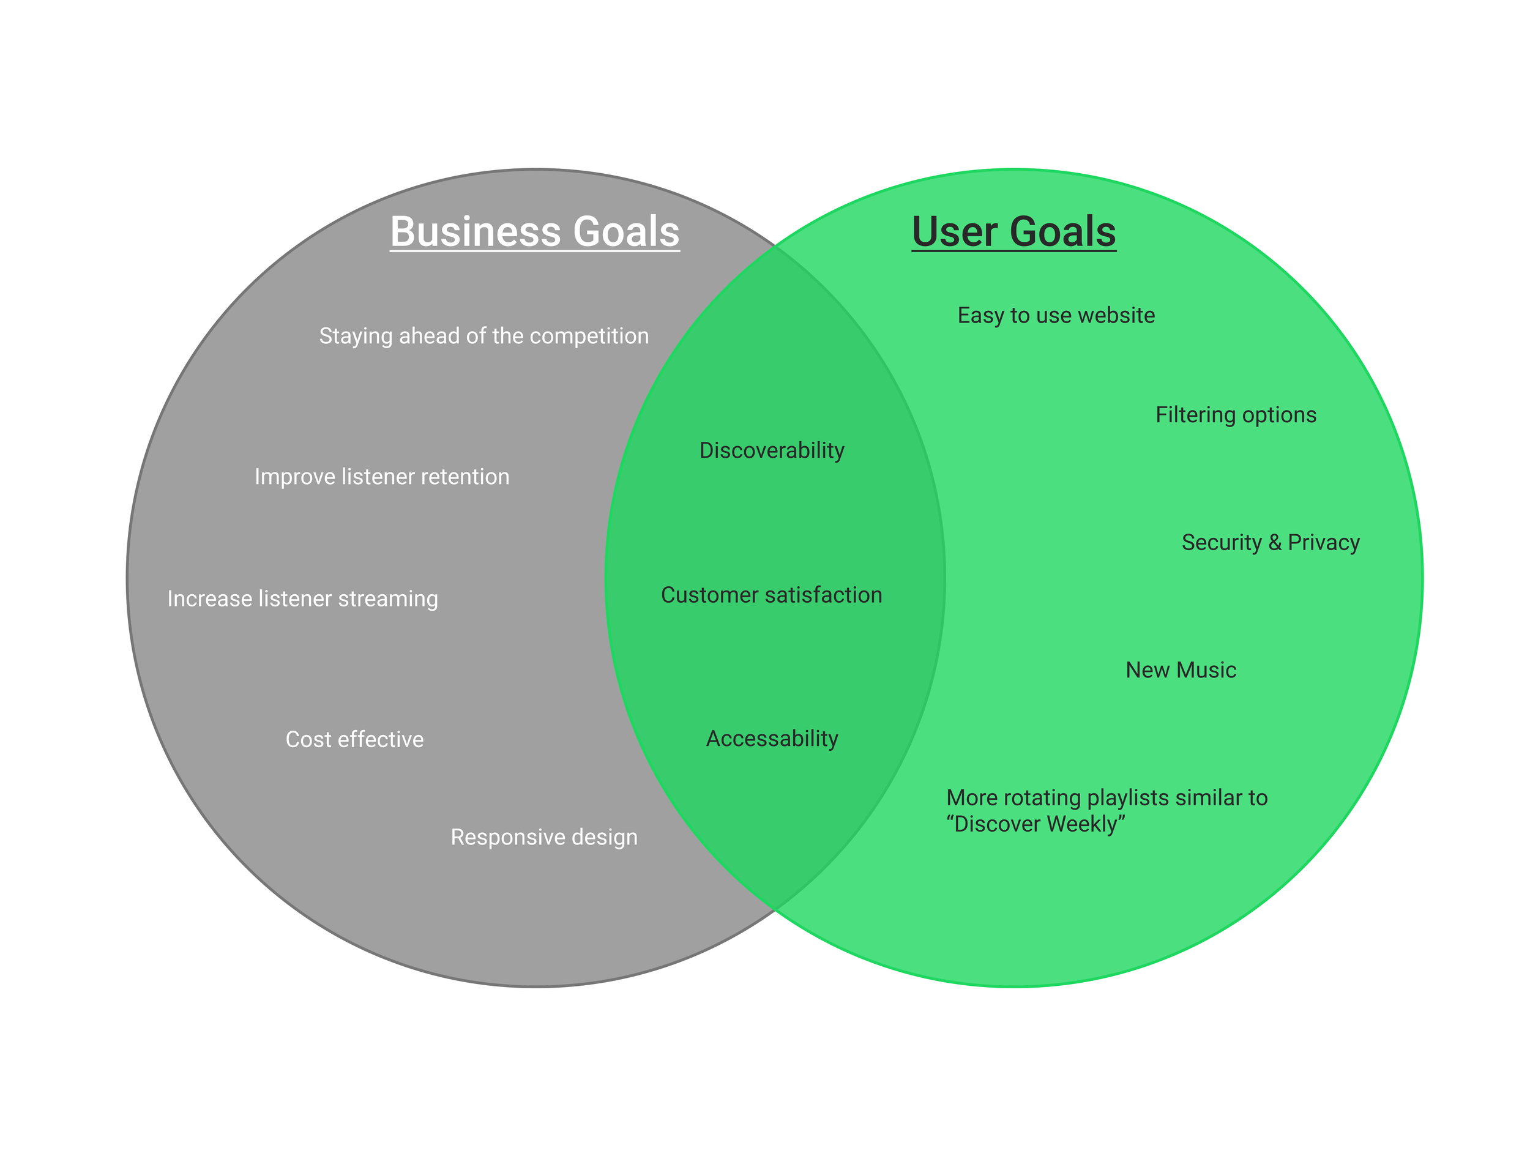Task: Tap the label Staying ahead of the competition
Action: tap(483, 336)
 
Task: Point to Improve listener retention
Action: tap(382, 477)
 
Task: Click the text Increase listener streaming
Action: tap(302, 599)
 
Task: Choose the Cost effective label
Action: tap(354, 740)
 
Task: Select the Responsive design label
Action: tap(543, 838)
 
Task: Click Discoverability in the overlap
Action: tap(772, 451)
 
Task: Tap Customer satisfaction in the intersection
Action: tap(771, 595)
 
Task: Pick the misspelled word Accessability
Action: tap(772, 739)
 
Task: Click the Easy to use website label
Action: tap(1056, 315)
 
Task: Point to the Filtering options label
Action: tap(1236, 415)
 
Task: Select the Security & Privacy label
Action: tap(1271, 543)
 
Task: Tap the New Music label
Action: tap(1181, 670)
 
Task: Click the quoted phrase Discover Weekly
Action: tap(1036, 824)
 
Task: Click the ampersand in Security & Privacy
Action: tap(1275, 543)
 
